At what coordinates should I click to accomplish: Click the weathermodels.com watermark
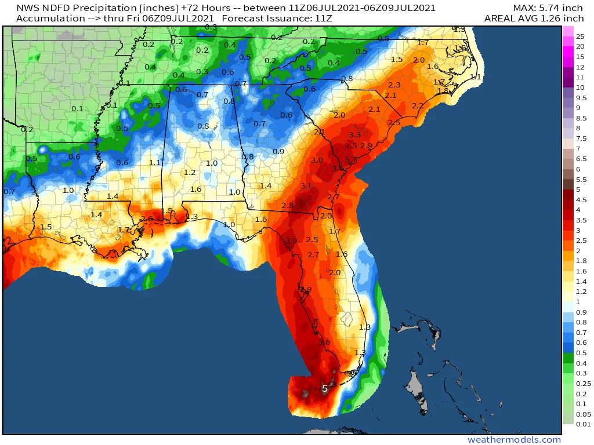coord(514,440)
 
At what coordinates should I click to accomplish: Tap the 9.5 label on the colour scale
coord(581,97)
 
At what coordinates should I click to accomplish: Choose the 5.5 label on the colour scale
coord(581,179)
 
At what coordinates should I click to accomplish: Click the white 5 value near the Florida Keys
coord(325,389)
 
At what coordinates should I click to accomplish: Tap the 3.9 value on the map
coord(291,240)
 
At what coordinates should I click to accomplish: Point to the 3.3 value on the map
coord(355,135)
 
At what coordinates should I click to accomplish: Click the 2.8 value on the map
coord(287,206)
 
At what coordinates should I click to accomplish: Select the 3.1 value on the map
coord(306,186)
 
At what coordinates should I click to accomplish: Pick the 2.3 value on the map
coord(394,85)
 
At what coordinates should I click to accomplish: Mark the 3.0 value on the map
coord(317,160)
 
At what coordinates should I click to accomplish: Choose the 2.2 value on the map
coord(418,105)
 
